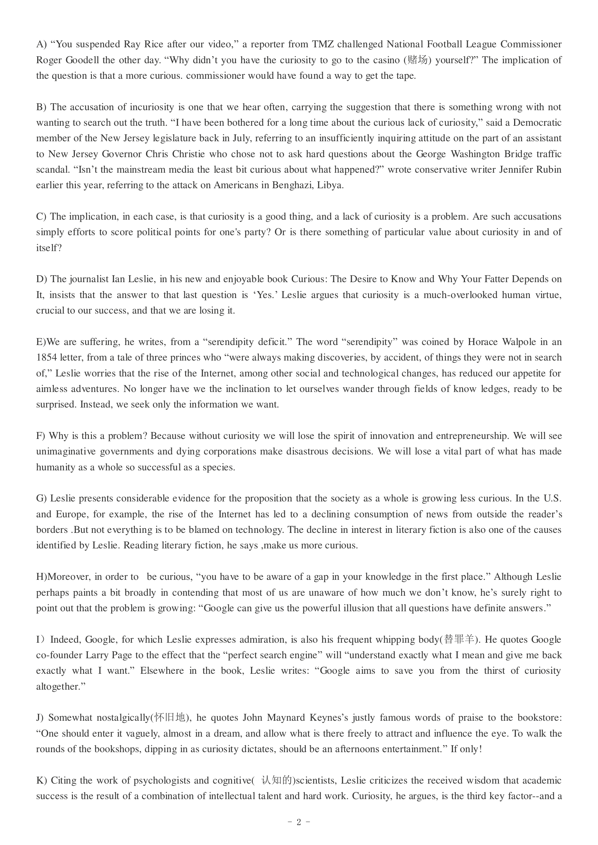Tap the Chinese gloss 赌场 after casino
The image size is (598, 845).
[x=418, y=60]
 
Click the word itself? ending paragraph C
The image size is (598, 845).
[x=49, y=248]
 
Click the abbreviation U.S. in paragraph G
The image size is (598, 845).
[x=552, y=498]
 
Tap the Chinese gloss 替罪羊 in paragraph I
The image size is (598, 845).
[x=459, y=639]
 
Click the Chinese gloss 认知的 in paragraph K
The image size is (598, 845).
[x=277, y=780]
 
